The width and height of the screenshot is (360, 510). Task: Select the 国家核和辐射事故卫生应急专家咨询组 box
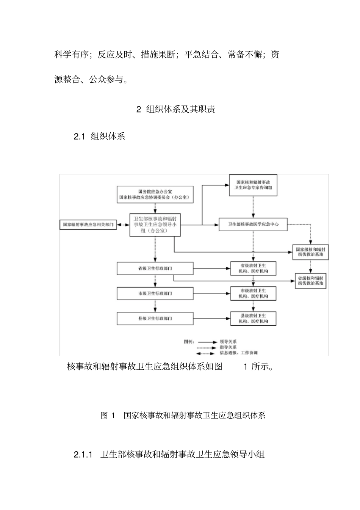[253, 185]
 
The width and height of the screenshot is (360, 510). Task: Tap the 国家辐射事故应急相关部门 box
[88, 224]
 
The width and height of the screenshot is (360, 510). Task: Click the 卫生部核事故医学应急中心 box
[253, 224]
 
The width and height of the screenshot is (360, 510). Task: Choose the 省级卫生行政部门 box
[155, 268]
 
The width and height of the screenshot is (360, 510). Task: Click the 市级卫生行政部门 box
[155, 293]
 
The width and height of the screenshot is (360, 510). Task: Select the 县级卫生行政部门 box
[155, 319]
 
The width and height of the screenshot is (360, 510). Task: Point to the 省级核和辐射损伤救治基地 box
[310, 281]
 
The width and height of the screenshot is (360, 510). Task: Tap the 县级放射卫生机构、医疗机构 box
[253, 319]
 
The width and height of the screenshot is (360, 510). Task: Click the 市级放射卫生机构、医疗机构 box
[253, 293]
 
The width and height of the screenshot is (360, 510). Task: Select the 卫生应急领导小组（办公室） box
[155, 224]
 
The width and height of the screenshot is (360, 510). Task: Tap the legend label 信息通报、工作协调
[238, 353]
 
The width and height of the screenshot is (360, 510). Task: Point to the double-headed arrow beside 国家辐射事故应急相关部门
[123, 224]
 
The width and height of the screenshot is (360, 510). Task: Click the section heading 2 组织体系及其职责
[176, 110]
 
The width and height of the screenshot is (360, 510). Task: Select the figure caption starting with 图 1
[183, 415]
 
